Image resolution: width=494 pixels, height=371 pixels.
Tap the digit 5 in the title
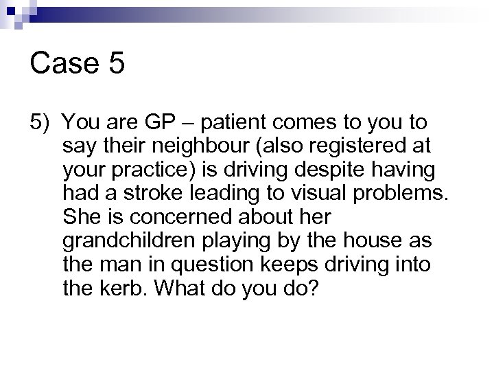click(x=115, y=64)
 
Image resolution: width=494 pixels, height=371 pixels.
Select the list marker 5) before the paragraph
click(x=40, y=124)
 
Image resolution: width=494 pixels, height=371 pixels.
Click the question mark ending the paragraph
click(x=313, y=286)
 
